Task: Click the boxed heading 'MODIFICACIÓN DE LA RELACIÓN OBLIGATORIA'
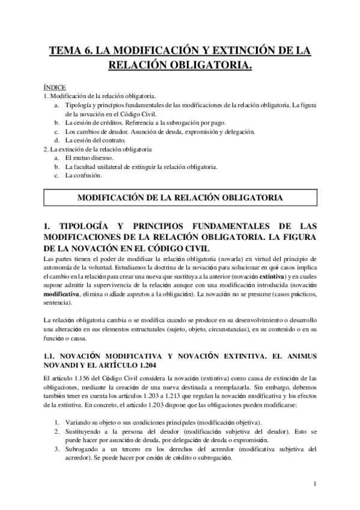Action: (x=180, y=198)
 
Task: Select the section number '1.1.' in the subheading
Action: (x=52, y=357)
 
